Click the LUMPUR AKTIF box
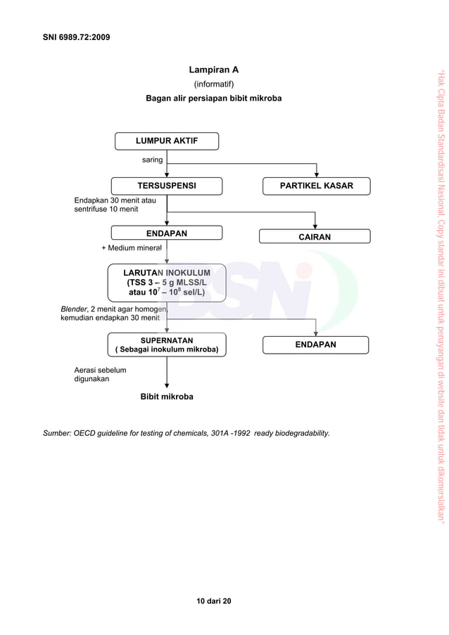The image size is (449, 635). coord(167,141)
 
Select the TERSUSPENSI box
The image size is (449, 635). coord(167,186)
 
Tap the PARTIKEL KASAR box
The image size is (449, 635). coord(316,186)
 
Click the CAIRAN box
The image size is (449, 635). coord(315,237)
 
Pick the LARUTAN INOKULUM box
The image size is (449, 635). coord(167,282)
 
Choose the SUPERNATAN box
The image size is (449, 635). coord(167,345)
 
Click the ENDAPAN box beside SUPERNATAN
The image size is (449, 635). coord(315,345)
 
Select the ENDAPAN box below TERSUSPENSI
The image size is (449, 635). coord(167,233)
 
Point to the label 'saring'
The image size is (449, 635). coord(153,160)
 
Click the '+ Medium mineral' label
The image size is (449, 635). coord(132,248)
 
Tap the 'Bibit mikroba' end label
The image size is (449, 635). coord(167,397)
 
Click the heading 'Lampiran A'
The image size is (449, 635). coord(213,70)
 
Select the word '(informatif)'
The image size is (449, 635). coord(213,84)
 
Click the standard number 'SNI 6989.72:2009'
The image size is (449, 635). coord(76,35)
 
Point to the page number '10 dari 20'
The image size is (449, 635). coord(213,601)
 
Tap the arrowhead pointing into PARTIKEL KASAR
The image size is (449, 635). coord(317,174)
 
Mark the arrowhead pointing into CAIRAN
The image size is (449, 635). coord(315,226)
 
